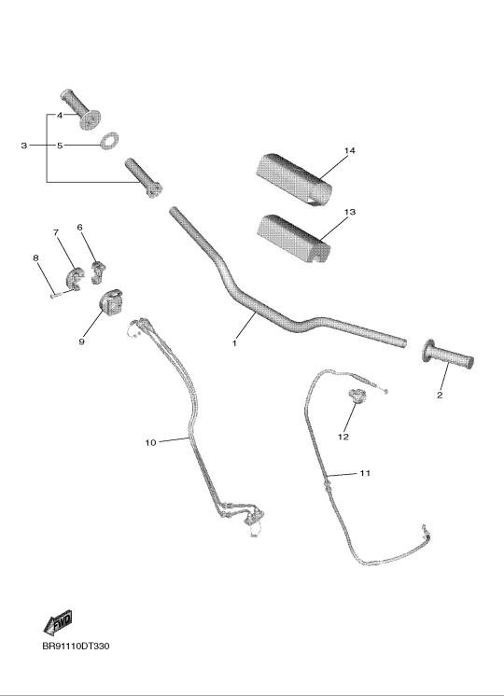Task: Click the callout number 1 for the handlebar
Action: (x=234, y=343)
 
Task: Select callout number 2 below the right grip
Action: (x=440, y=395)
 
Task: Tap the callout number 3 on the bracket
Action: (x=24, y=146)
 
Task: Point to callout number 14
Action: (x=350, y=150)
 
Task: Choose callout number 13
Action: (x=350, y=212)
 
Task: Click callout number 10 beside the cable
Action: (x=151, y=442)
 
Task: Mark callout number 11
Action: (x=365, y=473)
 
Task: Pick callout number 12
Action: (x=343, y=437)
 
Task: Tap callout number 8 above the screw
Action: (x=36, y=258)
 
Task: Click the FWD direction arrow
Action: (x=58, y=622)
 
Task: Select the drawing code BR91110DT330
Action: (x=76, y=646)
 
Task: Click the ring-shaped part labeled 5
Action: (x=110, y=141)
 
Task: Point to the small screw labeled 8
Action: (x=54, y=295)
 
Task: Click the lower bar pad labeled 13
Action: (x=293, y=238)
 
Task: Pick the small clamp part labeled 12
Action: (x=357, y=395)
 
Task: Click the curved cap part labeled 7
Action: (x=75, y=278)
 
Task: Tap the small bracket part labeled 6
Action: (x=98, y=272)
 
